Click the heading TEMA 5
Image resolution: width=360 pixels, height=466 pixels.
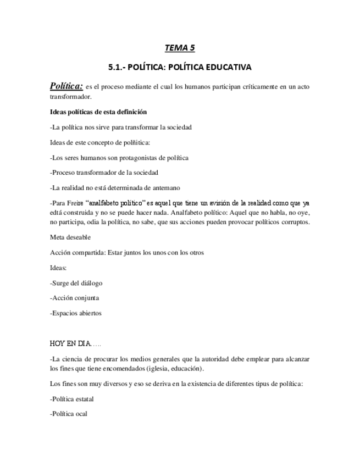[180, 48]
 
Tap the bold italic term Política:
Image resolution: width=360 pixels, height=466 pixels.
[66, 86]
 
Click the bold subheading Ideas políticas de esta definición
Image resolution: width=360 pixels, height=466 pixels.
[98, 112]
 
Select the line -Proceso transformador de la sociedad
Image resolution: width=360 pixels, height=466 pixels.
[103, 173]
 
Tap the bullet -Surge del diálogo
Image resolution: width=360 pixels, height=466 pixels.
[76, 284]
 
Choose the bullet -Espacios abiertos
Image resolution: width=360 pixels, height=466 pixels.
[75, 313]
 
